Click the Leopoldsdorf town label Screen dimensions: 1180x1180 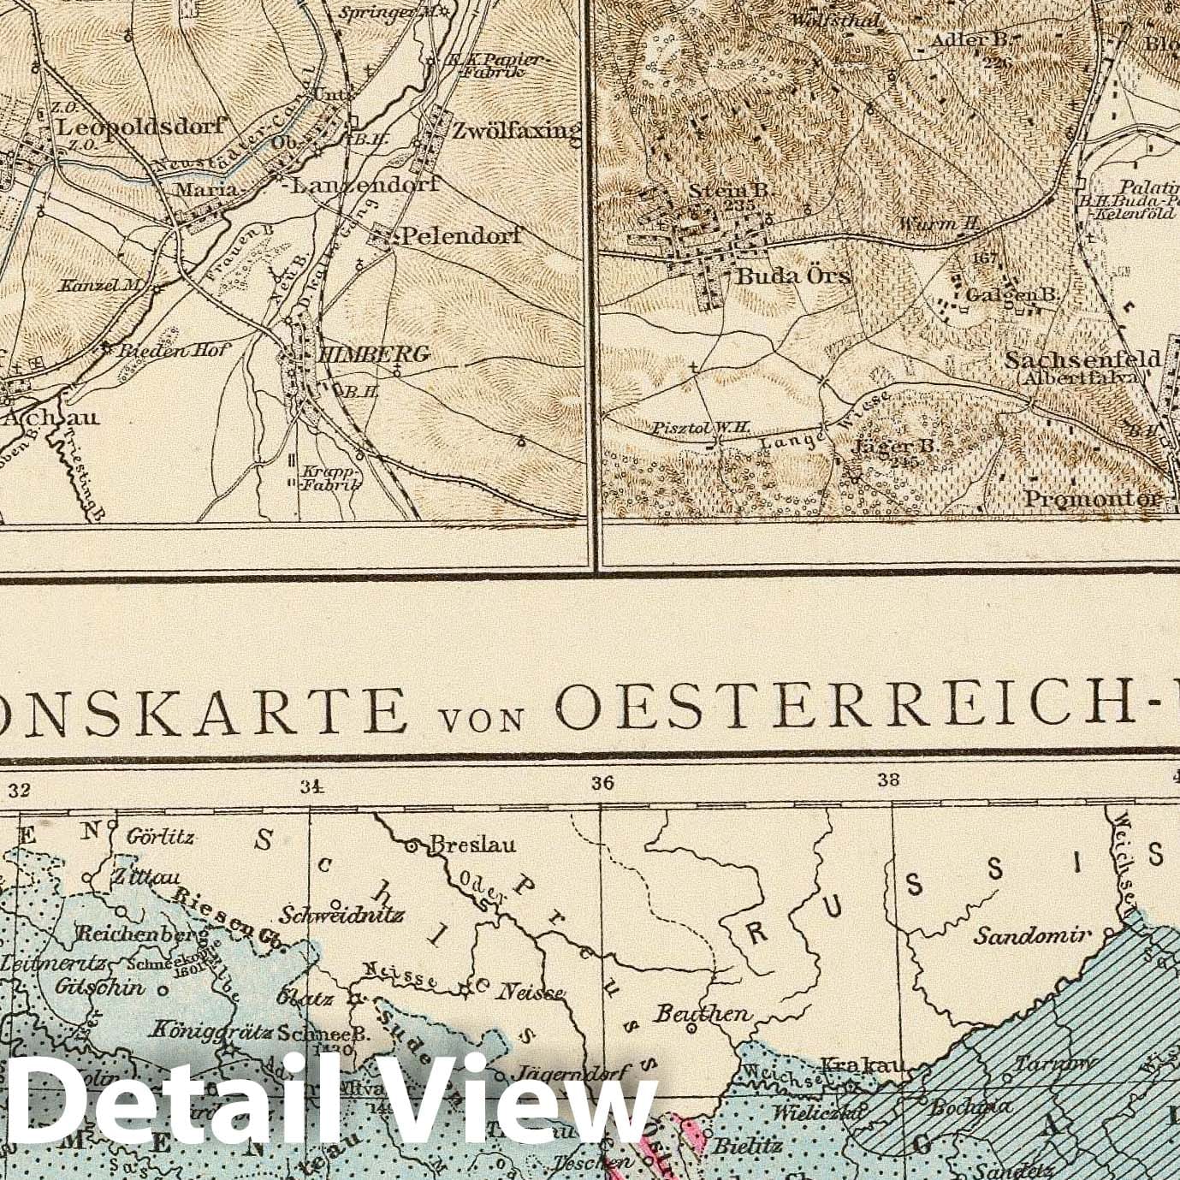pyautogui.click(x=141, y=126)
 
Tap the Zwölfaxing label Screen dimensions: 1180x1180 pyautogui.click(x=516, y=131)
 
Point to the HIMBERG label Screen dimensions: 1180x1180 pyautogui.click(x=372, y=353)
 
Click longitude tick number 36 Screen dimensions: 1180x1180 pyautogui.click(x=602, y=781)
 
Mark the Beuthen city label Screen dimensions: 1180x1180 pyautogui.click(x=703, y=1013)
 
